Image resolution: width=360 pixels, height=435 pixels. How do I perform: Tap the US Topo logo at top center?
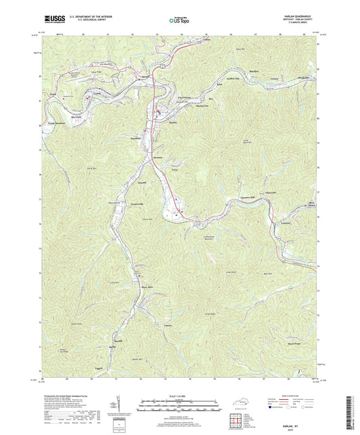pyautogui.click(x=179, y=21)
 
